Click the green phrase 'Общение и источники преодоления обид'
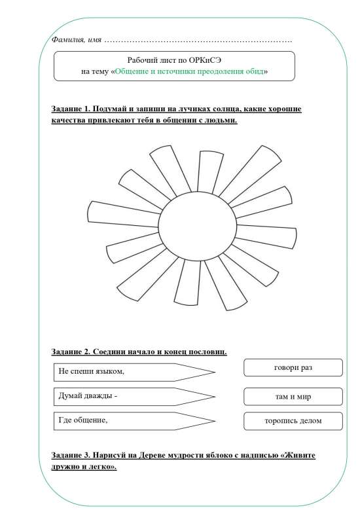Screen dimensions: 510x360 [190, 71]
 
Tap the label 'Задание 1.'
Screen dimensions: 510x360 [71, 108]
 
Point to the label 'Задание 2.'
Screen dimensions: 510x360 [71, 352]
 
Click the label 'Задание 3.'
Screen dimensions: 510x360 [71, 454]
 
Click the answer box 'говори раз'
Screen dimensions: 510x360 [293, 368]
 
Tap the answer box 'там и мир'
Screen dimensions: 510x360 [293, 397]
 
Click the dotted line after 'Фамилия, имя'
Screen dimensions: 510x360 [196, 41]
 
